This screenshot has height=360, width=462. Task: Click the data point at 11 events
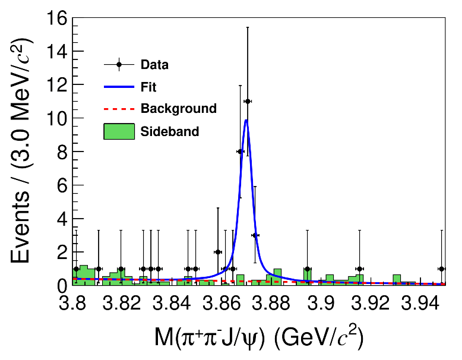tap(248, 102)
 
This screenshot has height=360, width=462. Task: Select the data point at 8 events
tap(240, 151)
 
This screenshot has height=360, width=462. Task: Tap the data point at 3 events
tap(255, 235)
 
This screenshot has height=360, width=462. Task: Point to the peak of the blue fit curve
tap(246, 120)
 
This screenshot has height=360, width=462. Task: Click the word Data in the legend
tap(154, 65)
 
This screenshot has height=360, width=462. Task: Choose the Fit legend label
tap(148, 87)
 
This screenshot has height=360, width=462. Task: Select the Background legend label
tap(178, 109)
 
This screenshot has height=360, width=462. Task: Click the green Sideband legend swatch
tap(119, 131)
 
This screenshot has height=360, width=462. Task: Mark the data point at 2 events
tap(218, 252)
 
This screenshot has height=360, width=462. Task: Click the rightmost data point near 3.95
tap(441, 269)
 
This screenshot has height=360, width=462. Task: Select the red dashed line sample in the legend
tap(119, 109)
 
